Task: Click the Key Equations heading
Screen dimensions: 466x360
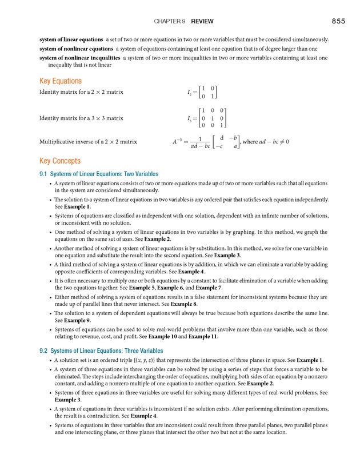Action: [x=60, y=81]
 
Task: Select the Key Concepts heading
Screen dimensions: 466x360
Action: [x=59, y=161]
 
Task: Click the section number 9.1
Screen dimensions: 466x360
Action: [x=43, y=174]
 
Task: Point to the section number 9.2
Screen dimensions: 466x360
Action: [x=43, y=351]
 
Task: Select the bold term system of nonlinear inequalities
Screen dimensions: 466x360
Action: [x=79, y=58]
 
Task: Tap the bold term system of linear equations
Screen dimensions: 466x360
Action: [x=71, y=40]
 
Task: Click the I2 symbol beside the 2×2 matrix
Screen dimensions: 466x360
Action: [x=190, y=92]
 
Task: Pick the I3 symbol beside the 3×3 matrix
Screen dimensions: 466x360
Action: [x=190, y=118]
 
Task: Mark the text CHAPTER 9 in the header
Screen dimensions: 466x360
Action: [x=170, y=21]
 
